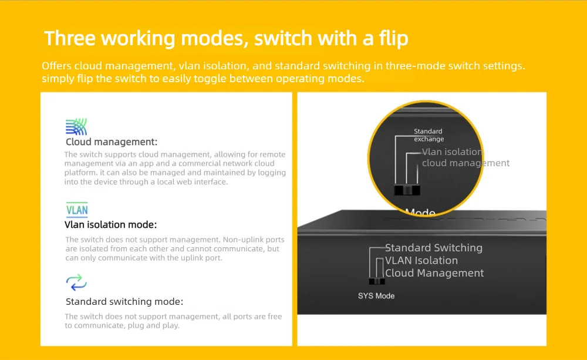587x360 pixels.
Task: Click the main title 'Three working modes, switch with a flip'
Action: click(226, 39)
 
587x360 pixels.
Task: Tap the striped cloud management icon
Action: click(76, 127)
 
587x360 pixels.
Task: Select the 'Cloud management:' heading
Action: click(112, 142)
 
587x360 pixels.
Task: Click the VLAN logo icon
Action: click(77, 210)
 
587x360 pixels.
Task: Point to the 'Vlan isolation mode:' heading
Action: click(110, 224)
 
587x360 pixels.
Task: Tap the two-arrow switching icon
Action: click(76, 282)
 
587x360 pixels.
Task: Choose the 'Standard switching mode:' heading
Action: click(124, 301)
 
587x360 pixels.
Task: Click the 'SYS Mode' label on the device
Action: click(376, 296)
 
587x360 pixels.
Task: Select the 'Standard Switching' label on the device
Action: click(434, 248)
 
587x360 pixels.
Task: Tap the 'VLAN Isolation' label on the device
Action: click(421, 261)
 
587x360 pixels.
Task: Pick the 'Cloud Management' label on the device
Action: click(434, 274)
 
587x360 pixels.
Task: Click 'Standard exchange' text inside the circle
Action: click(429, 135)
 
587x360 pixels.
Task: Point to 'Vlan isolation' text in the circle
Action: click(452, 152)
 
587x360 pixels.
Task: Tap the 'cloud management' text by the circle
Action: click(465, 163)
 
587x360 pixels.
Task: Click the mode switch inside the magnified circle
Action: click(407, 190)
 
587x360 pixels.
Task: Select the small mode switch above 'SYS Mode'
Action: click(377, 281)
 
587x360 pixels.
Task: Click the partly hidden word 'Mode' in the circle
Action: click(420, 213)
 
